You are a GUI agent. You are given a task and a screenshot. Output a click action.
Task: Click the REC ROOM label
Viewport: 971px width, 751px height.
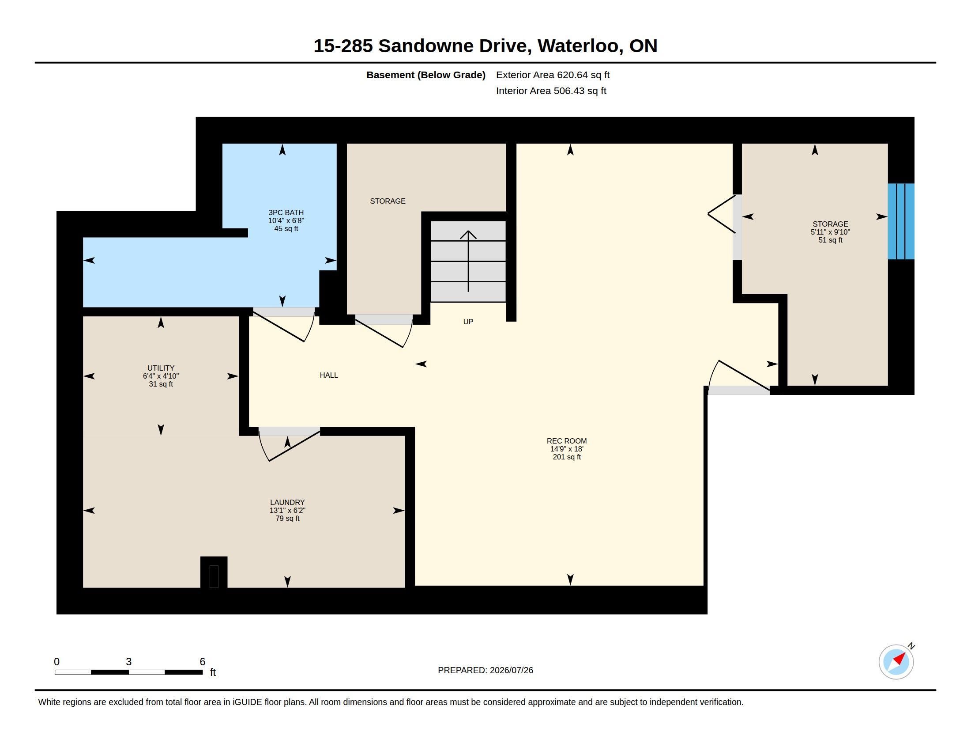[x=566, y=441]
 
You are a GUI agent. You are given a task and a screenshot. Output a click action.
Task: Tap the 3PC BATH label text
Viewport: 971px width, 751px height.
[x=286, y=212]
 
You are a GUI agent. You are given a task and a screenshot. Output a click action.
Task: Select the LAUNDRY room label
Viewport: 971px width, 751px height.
[x=287, y=502]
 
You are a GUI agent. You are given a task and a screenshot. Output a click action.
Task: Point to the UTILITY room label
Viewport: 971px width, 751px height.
[x=161, y=368]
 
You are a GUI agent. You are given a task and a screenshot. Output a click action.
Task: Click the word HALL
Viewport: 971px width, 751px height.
[x=329, y=375]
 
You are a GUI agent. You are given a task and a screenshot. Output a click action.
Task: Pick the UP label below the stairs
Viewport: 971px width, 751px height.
[x=468, y=322]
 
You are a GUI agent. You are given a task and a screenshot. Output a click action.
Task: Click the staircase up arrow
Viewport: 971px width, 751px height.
[x=468, y=261]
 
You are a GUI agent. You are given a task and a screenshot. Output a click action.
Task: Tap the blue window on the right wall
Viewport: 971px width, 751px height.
[x=901, y=221]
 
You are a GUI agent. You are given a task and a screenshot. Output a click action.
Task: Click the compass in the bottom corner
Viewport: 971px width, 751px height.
[x=896, y=662]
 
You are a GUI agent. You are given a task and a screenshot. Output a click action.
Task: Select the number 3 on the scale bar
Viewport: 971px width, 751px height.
[x=128, y=662]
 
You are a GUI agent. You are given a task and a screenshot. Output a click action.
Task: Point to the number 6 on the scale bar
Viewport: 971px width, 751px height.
[x=203, y=662]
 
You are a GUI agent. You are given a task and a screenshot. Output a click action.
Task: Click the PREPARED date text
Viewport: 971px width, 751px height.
[x=485, y=670]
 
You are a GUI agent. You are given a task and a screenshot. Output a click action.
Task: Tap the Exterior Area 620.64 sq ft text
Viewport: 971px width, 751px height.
[x=553, y=75]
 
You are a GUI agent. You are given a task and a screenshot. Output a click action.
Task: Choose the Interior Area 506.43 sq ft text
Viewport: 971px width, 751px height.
[x=551, y=91]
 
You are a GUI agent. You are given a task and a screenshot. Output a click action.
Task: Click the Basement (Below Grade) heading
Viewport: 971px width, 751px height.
[x=426, y=75]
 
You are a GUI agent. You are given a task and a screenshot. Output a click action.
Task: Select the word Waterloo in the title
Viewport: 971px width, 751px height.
[x=578, y=46]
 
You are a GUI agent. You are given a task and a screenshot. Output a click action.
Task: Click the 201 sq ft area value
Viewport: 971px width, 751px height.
[x=566, y=457]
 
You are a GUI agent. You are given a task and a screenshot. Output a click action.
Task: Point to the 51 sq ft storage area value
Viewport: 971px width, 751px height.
[x=830, y=240]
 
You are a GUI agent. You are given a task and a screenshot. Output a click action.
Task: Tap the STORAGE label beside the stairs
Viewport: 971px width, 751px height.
[x=388, y=201]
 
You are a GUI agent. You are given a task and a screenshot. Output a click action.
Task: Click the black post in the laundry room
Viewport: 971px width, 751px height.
[x=214, y=572]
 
